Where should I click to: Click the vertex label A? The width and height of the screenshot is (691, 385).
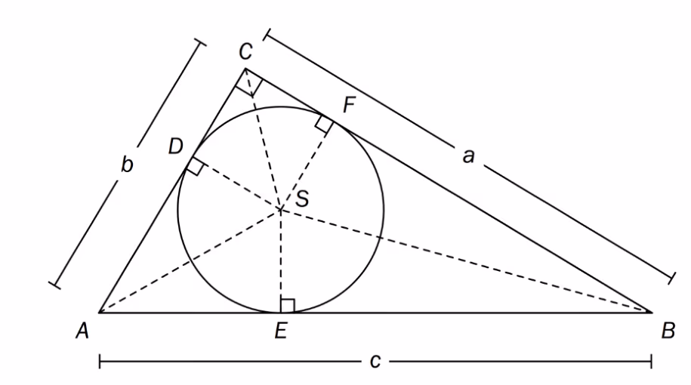coord(82,331)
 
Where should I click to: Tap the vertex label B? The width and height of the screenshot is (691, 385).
coord(668,331)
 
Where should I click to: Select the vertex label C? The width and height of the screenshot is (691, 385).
coord(245,51)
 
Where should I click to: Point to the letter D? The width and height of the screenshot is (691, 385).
coord(176,146)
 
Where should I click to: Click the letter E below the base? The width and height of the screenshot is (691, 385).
coord(281,331)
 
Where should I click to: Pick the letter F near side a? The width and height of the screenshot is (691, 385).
coord(349,105)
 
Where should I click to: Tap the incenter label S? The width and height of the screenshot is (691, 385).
coord(302,199)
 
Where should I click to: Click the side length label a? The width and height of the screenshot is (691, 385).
coord(468,156)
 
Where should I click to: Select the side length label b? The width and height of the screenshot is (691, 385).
coord(127,165)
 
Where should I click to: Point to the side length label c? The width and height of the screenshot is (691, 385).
coord(375,362)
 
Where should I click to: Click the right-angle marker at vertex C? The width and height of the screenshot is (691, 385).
coord(249,83)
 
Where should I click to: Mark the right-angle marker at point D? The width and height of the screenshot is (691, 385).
coord(196,165)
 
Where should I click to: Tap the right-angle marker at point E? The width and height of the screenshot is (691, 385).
coord(287,306)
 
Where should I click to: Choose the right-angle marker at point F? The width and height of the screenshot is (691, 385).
coord(324,124)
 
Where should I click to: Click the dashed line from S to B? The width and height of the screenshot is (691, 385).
coord(466,260)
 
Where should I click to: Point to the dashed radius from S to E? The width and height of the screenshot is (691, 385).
coord(281,260)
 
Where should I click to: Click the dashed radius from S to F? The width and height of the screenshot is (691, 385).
coord(307,165)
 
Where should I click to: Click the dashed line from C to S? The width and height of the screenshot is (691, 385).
coord(263,139)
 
